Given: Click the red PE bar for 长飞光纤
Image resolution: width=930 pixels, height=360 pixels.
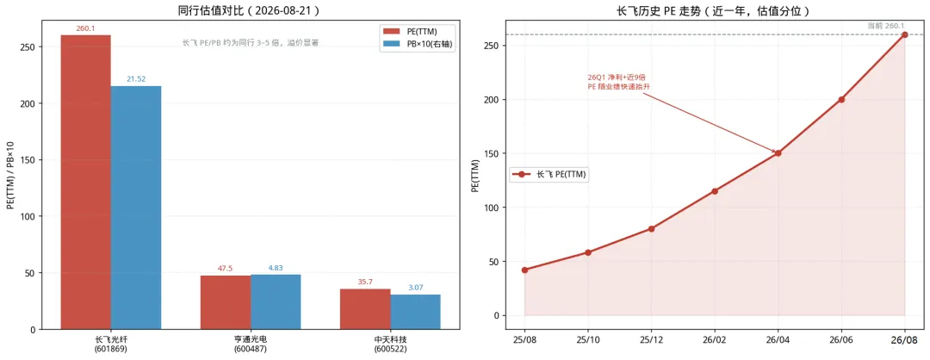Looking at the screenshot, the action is [x=85, y=182].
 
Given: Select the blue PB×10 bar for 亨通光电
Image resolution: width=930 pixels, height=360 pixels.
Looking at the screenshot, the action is [x=276, y=302].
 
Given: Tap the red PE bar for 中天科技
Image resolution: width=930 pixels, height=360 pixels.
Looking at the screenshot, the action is [x=365, y=309].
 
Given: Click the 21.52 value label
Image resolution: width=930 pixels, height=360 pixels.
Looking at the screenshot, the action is [x=136, y=79].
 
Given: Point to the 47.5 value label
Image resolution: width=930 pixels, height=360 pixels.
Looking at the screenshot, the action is [x=226, y=268].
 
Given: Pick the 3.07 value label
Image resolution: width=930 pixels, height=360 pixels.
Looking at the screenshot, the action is [x=415, y=288].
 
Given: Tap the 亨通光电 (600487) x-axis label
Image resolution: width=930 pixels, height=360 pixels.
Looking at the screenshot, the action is [x=251, y=344].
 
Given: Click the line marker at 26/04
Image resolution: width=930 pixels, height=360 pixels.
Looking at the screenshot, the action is [x=778, y=153].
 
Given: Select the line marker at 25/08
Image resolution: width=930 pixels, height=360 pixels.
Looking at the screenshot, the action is [x=524, y=270].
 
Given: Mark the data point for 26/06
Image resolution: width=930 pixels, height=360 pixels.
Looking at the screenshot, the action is [x=841, y=100].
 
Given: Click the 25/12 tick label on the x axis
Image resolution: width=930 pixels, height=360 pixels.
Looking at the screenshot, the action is [x=651, y=342].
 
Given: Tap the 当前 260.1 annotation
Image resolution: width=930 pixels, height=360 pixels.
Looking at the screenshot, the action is [x=885, y=26].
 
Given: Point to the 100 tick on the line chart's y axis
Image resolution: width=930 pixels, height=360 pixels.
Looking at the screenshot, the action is [x=493, y=208].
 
